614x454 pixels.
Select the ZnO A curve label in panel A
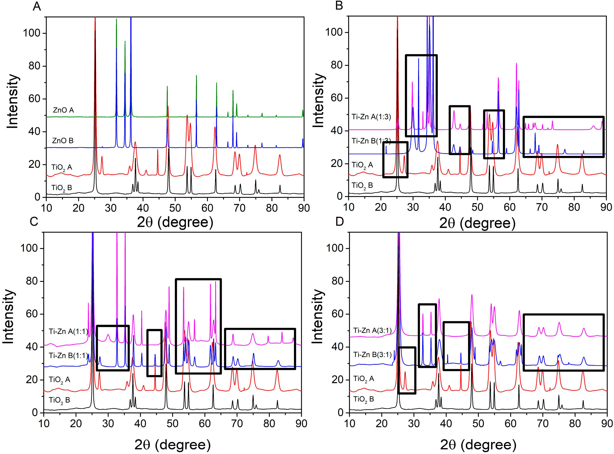pos(63,110)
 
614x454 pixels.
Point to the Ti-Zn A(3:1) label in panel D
pos(372,330)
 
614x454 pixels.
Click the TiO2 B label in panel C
pos(59,400)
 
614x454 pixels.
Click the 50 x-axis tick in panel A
pos(175,208)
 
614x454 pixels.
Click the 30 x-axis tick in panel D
pos(414,424)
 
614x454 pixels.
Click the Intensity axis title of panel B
pos(319,101)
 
